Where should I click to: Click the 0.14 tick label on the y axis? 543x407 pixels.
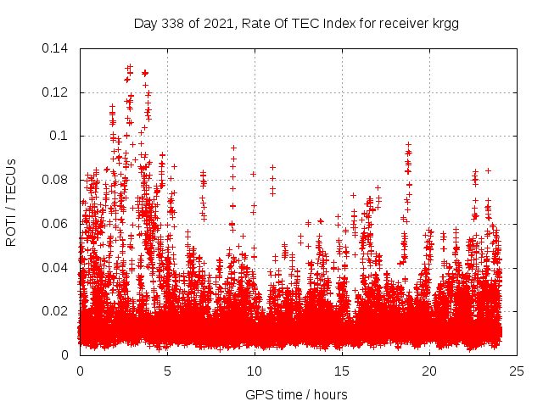pyautogui.click(x=57, y=48)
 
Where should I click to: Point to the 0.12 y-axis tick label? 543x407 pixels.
pyautogui.click(x=57, y=92)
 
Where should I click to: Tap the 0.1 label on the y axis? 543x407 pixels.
pyautogui.click(x=61, y=136)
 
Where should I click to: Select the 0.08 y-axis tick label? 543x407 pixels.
pyautogui.click(x=57, y=180)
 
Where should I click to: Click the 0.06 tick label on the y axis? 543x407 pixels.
pyautogui.click(x=57, y=224)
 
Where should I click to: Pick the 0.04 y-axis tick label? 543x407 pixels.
pyautogui.click(x=57, y=268)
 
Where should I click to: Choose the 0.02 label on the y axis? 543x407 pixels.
pyautogui.click(x=57, y=311)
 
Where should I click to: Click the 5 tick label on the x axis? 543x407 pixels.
pyautogui.click(x=167, y=371)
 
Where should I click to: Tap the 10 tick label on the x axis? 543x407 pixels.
pyautogui.click(x=255, y=371)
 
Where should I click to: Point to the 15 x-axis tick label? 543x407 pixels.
pyautogui.click(x=342, y=371)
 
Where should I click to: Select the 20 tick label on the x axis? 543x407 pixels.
pyautogui.click(x=429, y=371)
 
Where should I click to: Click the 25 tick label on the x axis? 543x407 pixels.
pyautogui.click(x=517, y=371)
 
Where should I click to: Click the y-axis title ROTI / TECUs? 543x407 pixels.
pyautogui.click(x=12, y=202)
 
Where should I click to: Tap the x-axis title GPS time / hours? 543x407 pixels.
pyautogui.click(x=296, y=394)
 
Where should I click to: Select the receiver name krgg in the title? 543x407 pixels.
pyautogui.click(x=444, y=23)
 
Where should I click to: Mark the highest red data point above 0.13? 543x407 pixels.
pyautogui.click(x=130, y=66)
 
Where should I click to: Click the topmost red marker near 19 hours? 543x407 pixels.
pyautogui.click(x=409, y=144)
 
